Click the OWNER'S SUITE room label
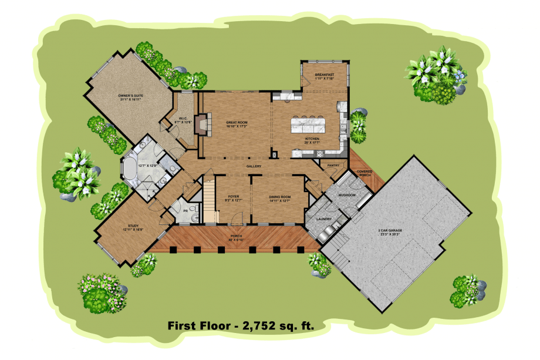(131, 96)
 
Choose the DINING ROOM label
(279, 198)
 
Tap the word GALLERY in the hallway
(254, 166)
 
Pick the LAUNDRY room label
(325, 219)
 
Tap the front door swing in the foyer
(236, 218)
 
